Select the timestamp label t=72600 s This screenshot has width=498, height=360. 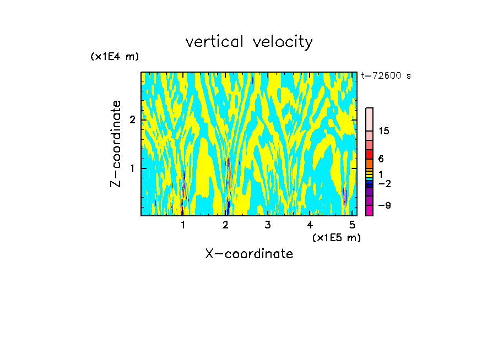(386, 76)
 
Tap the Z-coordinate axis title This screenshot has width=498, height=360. (116, 144)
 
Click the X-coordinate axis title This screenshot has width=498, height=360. (249, 254)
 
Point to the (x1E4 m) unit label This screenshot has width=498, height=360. (115, 57)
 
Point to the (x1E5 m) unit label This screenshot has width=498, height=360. (336, 237)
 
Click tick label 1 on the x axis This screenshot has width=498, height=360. (183, 225)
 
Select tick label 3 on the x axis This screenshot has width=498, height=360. (268, 225)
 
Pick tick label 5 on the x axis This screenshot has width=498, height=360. (352, 225)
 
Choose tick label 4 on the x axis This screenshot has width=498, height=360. (310, 225)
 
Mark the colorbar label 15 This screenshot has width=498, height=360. (384, 131)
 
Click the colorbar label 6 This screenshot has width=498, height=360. (381, 159)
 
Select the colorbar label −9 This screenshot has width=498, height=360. (384, 205)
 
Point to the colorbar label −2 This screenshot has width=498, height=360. (384, 183)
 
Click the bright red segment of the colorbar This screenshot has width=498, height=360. (369, 154)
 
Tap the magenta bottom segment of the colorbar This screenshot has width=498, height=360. (369, 210)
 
